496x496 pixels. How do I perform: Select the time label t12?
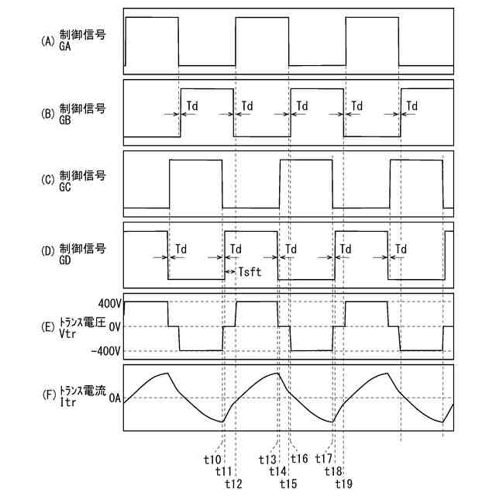233,484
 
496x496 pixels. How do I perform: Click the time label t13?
267,459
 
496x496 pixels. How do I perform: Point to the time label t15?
289,484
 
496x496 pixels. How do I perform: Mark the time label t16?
300,459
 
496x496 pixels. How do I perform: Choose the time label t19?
345,484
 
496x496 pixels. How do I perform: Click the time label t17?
323,459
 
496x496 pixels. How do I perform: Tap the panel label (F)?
47,393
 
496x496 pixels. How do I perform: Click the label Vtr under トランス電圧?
67,332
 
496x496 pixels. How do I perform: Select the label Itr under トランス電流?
67,404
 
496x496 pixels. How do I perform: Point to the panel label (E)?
47,321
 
